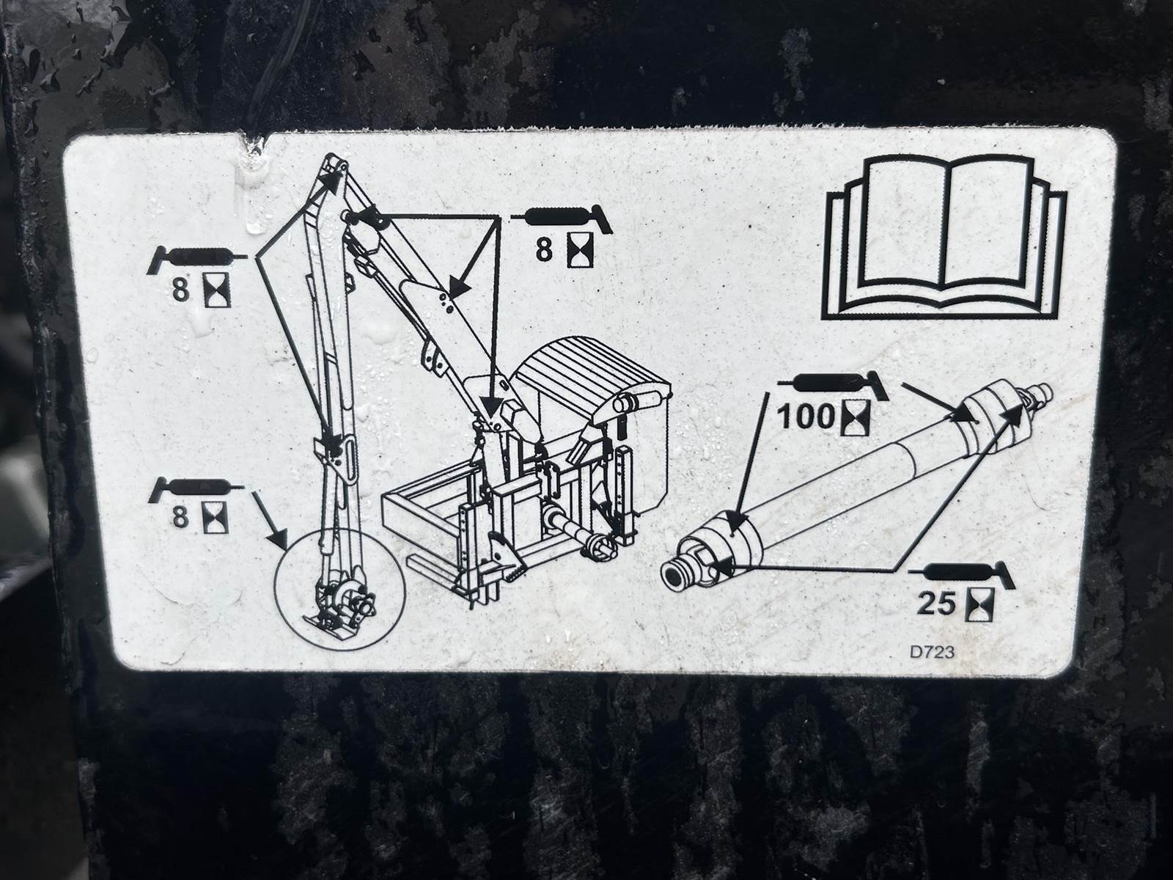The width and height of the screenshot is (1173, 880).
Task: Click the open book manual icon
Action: click(944, 237)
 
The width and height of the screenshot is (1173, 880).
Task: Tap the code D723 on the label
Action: click(933, 653)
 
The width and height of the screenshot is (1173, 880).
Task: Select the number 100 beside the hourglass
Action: click(805, 417)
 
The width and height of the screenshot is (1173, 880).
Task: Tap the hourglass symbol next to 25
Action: click(979, 604)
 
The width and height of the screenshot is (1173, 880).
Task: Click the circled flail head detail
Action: click(339, 590)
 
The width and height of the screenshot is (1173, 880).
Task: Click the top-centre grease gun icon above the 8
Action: click(562, 218)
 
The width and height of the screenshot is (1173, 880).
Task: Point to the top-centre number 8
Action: click(543, 250)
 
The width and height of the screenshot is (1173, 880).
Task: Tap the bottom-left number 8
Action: click(180, 517)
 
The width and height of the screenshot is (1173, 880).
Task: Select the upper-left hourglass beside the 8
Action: click(217, 290)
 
